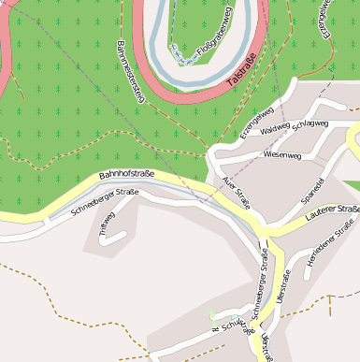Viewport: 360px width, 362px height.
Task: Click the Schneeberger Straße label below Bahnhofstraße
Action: tap(105, 203)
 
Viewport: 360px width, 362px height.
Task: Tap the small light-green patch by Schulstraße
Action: tap(212, 315)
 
